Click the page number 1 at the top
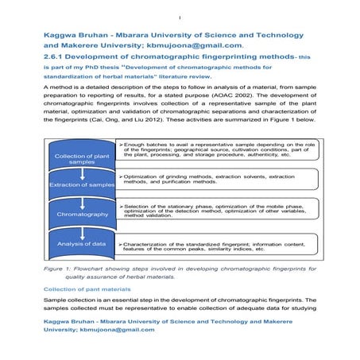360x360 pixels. [180, 17]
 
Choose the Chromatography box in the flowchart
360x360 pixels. [77, 215]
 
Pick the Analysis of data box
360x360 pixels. [77, 243]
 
